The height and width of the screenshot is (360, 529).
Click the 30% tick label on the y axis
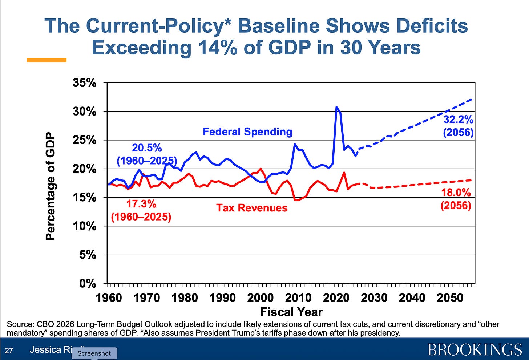84,112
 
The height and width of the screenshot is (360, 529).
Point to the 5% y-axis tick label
87,255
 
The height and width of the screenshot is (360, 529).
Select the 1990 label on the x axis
222,298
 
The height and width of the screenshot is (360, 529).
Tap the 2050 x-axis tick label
450,298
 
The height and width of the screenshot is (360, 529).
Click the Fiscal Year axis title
291,312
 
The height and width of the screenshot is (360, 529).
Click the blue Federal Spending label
247,132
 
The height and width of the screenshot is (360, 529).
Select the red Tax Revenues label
252,208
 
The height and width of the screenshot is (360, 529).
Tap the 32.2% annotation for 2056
458,120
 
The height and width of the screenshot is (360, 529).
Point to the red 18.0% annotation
456,193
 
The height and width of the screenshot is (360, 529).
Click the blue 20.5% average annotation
147,148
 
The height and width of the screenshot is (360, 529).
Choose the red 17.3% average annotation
141,204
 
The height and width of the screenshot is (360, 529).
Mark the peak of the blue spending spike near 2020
336,107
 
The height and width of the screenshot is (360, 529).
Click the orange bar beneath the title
47,60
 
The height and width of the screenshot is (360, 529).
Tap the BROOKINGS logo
475,349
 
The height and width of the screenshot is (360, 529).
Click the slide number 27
9,351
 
